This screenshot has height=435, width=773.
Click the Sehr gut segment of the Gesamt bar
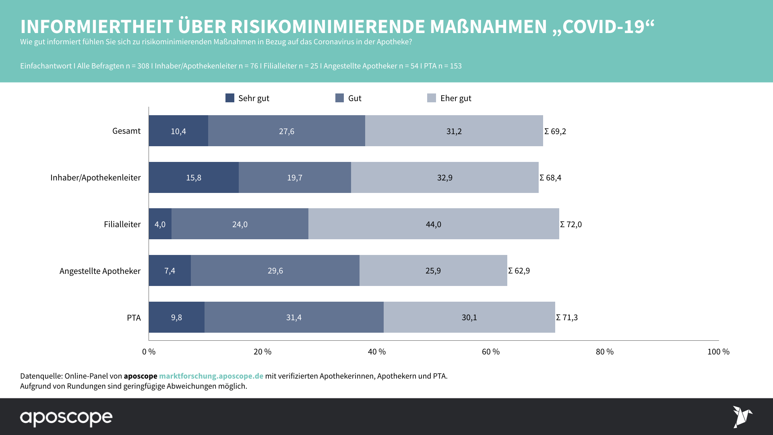(x=178, y=131)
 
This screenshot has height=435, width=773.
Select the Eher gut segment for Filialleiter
(x=434, y=224)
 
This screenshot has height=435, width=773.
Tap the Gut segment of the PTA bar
(x=294, y=317)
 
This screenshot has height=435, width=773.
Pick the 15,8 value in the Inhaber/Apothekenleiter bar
(x=194, y=178)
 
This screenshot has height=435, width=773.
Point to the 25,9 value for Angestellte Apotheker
(x=433, y=271)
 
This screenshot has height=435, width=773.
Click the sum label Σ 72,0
(x=571, y=224)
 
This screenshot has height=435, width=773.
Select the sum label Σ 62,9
(x=519, y=271)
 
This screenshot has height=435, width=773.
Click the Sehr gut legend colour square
(x=230, y=98)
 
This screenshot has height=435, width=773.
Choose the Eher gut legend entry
(x=455, y=98)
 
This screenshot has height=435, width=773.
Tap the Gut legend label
(x=355, y=98)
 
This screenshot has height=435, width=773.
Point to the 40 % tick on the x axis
(x=377, y=352)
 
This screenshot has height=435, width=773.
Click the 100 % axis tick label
(x=718, y=352)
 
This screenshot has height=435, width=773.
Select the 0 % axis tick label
(x=149, y=352)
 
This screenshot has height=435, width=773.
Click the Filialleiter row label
(x=122, y=224)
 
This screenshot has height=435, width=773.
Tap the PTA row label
(x=134, y=318)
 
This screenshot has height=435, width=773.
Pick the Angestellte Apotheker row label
(x=100, y=271)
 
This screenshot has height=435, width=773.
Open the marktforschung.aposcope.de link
(x=211, y=376)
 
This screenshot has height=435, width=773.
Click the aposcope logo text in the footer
(x=66, y=418)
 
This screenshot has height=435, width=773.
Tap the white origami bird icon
(x=742, y=416)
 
